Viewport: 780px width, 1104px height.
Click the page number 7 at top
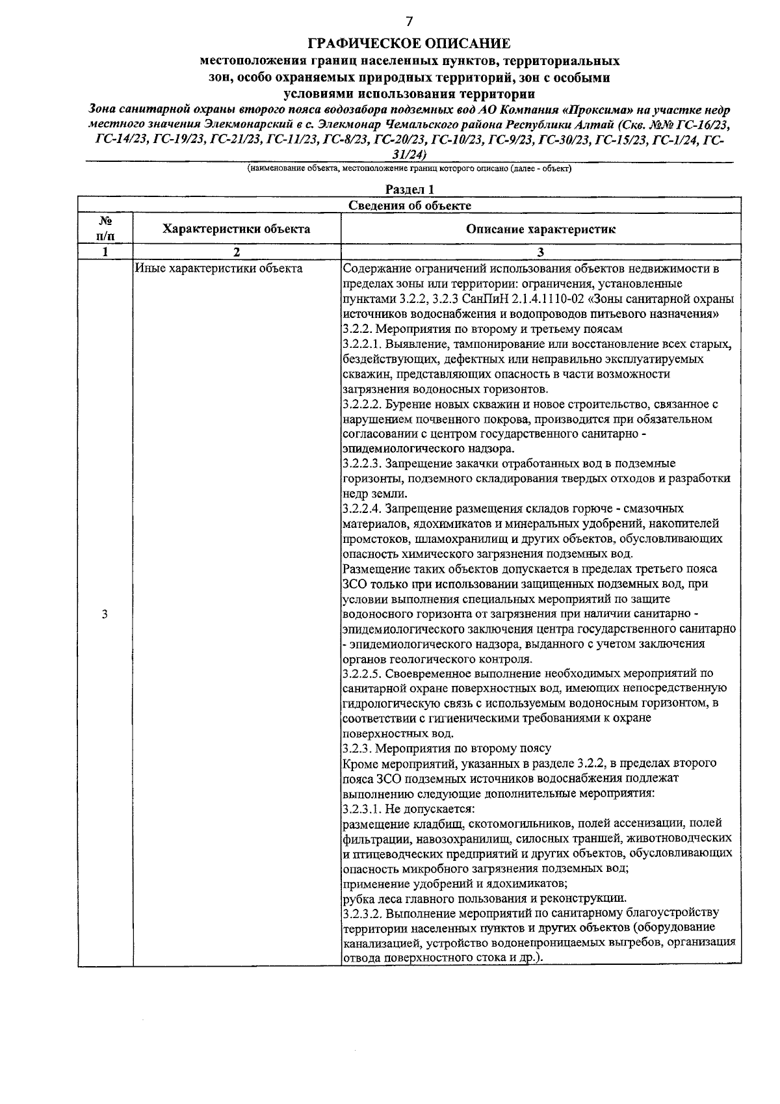click(x=409, y=21)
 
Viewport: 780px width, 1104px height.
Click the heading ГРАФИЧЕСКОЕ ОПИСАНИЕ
click(x=409, y=44)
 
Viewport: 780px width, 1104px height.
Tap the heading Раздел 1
click(x=409, y=189)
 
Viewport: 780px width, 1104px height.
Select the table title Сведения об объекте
click(x=409, y=205)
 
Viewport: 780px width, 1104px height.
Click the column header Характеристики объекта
click(x=237, y=229)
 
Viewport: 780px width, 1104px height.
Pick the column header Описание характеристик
click(x=541, y=229)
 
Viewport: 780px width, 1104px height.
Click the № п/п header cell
click(x=105, y=229)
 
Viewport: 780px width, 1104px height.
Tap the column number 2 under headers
click(x=237, y=252)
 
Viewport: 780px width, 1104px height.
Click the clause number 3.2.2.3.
click(x=364, y=464)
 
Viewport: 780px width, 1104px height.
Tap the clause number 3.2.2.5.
click(x=364, y=673)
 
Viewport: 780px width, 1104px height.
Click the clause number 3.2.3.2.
click(x=364, y=913)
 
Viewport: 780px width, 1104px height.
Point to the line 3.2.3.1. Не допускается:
click(x=409, y=809)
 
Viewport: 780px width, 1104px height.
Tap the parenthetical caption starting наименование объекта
click(x=409, y=168)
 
